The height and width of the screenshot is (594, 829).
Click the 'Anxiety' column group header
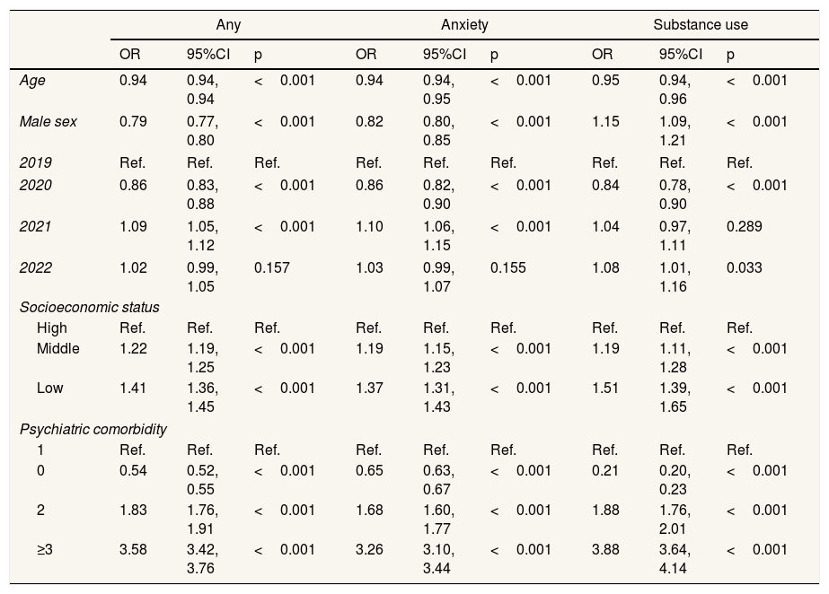coord(464,25)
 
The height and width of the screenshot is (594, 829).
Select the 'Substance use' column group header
coord(701,25)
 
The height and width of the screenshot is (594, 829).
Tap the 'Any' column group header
coord(228,25)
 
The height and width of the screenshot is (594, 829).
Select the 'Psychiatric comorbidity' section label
coord(93,429)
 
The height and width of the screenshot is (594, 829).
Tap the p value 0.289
coord(744,227)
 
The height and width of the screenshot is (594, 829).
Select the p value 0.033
coord(744,267)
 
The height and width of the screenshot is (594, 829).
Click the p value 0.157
coord(271,267)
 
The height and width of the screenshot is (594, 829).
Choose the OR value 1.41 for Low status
coord(133,389)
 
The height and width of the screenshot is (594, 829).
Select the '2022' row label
coord(36,267)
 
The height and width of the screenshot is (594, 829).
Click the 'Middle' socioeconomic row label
coord(58,348)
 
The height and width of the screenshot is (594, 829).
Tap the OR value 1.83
coord(133,511)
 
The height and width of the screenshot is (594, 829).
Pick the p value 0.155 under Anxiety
coord(507,267)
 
